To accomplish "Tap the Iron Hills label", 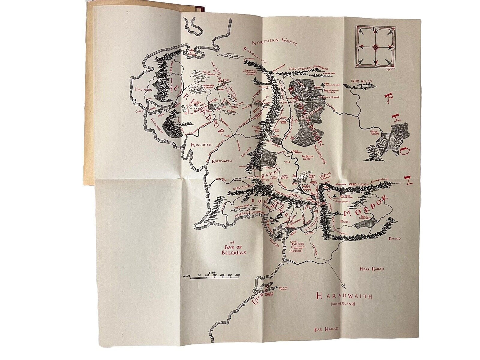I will (362, 81).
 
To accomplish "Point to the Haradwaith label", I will (344, 296).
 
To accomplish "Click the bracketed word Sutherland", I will (342, 304).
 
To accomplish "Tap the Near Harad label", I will (372, 269).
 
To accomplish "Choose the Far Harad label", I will (326, 329).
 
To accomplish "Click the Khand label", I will (394, 238).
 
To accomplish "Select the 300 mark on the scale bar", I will (238, 275).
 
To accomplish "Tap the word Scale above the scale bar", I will (212, 272).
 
